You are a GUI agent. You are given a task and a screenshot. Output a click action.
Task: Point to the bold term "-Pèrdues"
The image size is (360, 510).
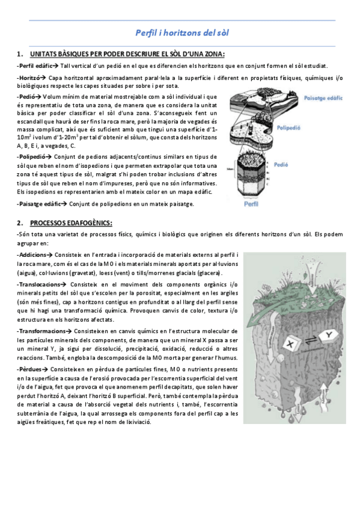pyautogui.click(x=31, y=367)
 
